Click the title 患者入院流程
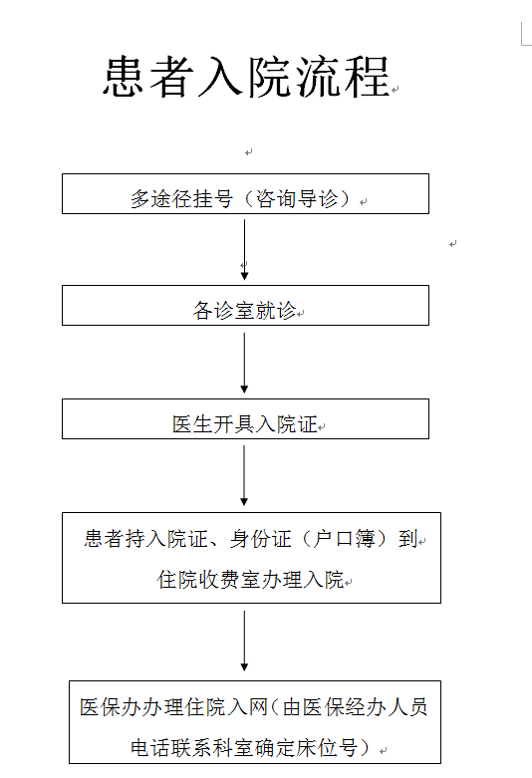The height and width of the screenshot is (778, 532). (x=247, y=77)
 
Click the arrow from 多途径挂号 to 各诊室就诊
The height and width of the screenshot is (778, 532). (x=244, y=250)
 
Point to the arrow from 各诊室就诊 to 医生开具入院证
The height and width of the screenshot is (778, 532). (x=244, y=363)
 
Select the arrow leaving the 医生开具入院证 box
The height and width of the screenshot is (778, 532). (x=244, y=475)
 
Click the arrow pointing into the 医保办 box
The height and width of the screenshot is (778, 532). (x=244, y=642)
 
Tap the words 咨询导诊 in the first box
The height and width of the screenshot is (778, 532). (x=297, y=199)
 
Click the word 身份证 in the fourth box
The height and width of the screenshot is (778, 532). (x=261, y=539)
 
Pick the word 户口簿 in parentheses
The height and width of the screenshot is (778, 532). (x=344, y=539)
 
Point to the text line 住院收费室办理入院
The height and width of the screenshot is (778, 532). (x=250, y=580)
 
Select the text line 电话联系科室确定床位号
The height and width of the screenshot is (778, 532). (x=244, y=748)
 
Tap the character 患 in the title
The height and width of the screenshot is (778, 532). (x=125, y=77)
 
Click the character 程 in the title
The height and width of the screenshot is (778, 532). (x=368, y=77)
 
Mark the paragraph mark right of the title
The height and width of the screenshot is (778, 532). (x=396, y=90)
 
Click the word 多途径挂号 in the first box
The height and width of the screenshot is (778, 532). (x=181, y=199)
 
